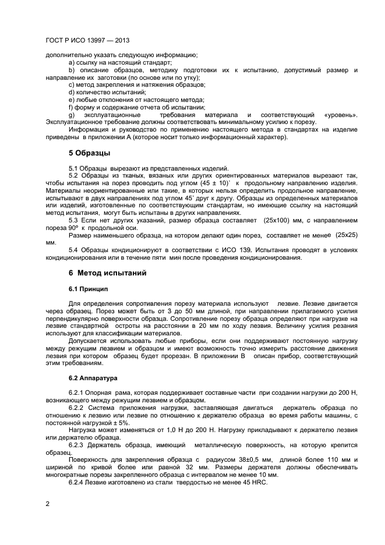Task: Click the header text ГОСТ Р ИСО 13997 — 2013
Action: click(x=87, y=41)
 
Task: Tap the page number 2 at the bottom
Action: click(x=47, y=503)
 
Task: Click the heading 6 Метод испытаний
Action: click(x=104, y=273)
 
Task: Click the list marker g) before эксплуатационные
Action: click(x=72, y=115)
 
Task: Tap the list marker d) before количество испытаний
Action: click(x=72, y=92)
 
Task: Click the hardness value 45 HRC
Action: click(x=247, y=483)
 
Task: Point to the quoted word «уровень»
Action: click(x=341, y=115)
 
